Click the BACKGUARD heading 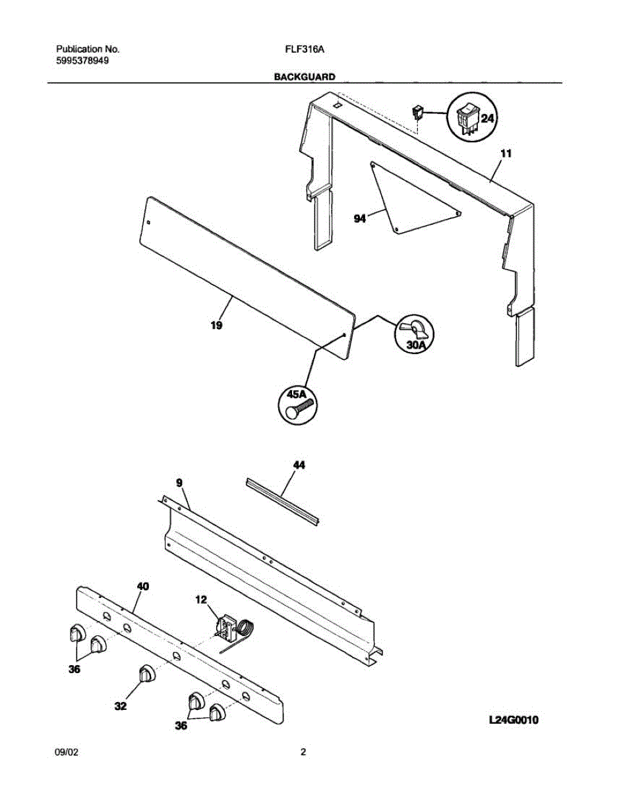pos(305,77)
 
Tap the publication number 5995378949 pos(82,61)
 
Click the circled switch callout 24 pos(472,117)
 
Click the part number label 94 pos(359,219)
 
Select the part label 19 pos(216,325)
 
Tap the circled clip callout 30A pos(413,334)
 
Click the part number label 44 pos(299,465)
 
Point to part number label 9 pos(179,483)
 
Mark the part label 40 pos(142,585)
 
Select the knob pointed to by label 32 pos(146,675)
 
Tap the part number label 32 pos(119,707)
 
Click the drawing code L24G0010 pos(514,720)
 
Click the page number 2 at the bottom pos(303,752)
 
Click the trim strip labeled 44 pos(283,501)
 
